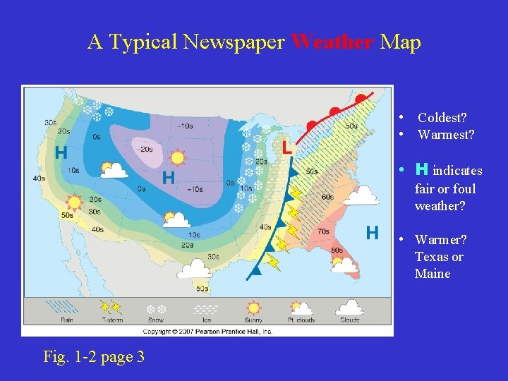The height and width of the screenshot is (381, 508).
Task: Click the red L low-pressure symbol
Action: (x=286, y=148)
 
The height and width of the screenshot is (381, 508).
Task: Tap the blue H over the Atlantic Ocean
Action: (x=373, y=232)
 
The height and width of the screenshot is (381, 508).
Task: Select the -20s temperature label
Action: (x=145, y=150)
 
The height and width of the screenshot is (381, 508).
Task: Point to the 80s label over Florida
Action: (x=337, y=250)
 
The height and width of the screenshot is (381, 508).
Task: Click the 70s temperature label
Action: (x=324, y=231)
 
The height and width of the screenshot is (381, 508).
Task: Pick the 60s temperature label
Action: (x=327, y=197)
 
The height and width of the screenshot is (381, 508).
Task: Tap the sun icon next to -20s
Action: (x=177, y=158)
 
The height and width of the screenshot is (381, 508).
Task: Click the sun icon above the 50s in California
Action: (x=73, y=202)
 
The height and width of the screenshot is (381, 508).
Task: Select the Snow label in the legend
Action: (x=155, y=320)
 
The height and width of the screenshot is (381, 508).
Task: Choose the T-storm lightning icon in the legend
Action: (x=111, y=308)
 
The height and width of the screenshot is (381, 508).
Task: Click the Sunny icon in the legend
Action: (x=253, y=308)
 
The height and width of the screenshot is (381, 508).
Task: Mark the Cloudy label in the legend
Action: (x=349, y=320)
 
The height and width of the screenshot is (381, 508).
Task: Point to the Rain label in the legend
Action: (x=67, y=320)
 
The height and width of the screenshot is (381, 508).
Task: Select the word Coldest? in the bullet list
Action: (x=442, y=118)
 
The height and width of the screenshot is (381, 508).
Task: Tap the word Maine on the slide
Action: (x=432, y=274)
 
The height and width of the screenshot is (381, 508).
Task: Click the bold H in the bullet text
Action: (x=422, y=169)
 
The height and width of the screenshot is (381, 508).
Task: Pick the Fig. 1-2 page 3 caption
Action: (x=94, y=357)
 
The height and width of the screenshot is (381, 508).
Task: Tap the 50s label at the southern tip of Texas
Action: (x=202, y=288)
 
